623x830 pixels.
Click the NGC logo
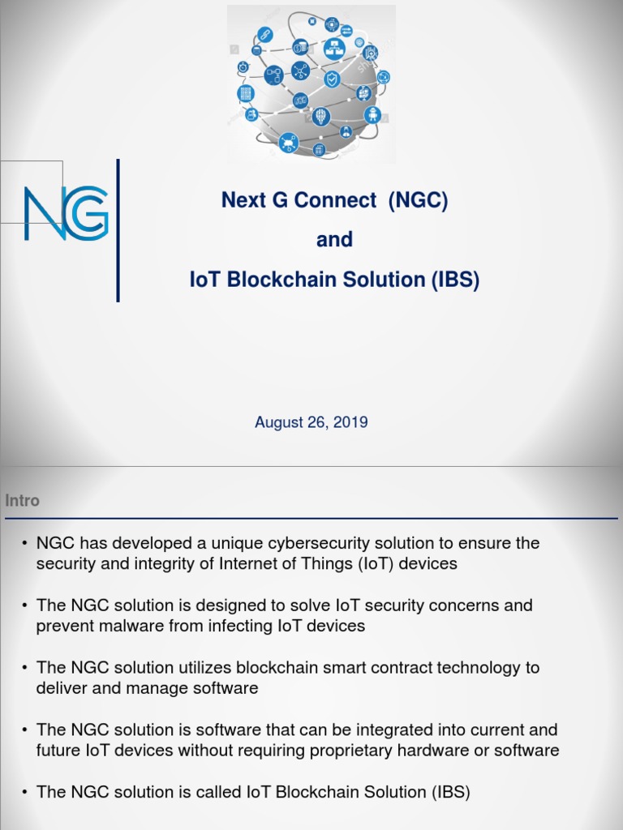(66, 213)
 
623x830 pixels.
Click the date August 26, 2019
(311, 422)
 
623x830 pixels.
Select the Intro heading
(22, 501)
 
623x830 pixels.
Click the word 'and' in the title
(334, 240)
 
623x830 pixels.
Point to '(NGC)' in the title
(418, 200)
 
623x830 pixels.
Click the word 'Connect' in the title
(337, 200)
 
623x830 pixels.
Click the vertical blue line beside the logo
(118, 230)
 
